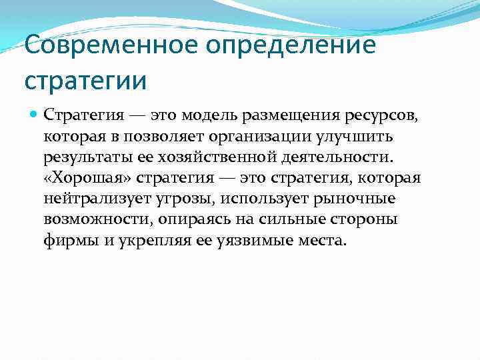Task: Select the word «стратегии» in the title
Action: tap(85, 81)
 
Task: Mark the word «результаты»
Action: tap(82, 157)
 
